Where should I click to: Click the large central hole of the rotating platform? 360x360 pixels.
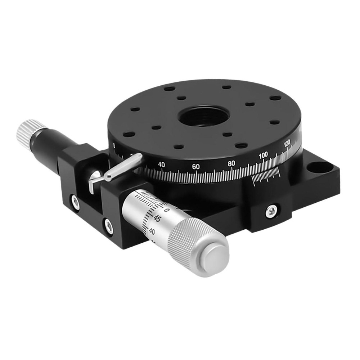point(204,116)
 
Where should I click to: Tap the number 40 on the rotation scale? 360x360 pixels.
point(162,165)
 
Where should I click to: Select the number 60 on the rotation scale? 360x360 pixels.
point(196,167)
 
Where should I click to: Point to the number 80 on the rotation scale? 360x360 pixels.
point(231,163)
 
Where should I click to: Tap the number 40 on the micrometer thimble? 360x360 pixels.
point(152,231)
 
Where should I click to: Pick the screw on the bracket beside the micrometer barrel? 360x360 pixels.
point(108,225)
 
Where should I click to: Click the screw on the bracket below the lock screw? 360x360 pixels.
point(75,202)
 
